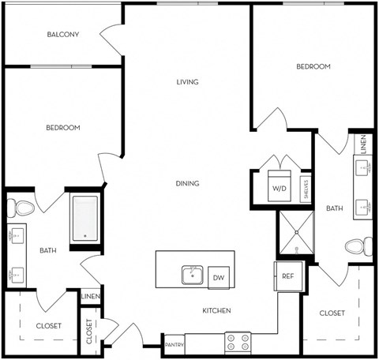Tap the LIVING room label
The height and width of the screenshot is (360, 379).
(x=186, y=82)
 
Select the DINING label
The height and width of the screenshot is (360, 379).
(x=187, y=183)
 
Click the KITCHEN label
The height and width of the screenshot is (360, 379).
(x=216, y=311)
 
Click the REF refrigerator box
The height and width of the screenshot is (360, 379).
(x=288, y=276)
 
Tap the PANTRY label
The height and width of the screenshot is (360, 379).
(x=174, y=345)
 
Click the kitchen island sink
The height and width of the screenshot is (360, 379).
(x=191, y=275)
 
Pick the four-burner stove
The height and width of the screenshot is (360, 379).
(x=238, y=342)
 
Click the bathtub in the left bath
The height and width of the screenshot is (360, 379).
(x=84, y=218)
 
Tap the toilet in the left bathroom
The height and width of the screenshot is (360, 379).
(x=21, y=208)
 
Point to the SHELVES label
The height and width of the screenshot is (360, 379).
(x=305, y=190)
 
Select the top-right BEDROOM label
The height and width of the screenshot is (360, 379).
(x=313, y=67)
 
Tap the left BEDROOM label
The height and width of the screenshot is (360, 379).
(x=62, y=127)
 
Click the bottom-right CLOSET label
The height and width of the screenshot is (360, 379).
(x=332, y=313)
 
